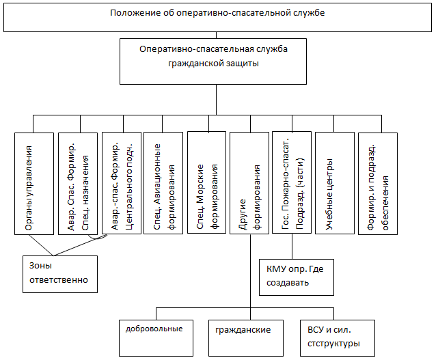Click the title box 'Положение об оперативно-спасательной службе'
217,17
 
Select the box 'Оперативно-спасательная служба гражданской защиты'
213,61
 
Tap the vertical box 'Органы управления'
34,184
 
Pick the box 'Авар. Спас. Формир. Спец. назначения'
78,184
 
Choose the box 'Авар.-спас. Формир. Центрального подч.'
122,183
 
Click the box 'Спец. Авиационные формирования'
163,183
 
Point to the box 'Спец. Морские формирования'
207,182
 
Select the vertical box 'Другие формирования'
249,183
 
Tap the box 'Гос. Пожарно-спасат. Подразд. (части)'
292,182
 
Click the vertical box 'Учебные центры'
335,183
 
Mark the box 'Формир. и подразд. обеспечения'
378,184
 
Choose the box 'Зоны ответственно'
60,274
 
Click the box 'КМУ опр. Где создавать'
297,277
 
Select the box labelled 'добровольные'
156,338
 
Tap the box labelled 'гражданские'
246,338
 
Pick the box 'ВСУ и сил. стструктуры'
338,338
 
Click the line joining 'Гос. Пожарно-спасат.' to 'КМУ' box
292,247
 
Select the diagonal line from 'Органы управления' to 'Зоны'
41,245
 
